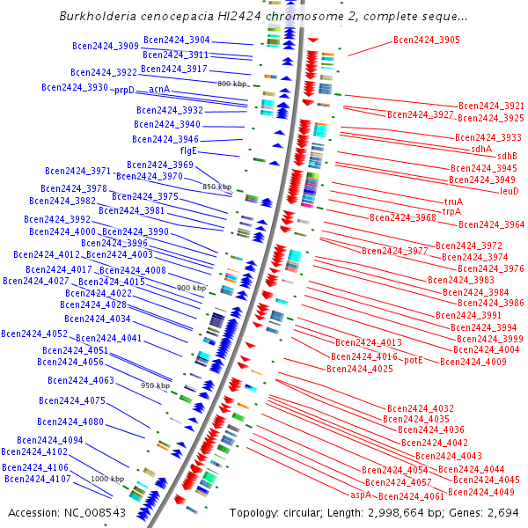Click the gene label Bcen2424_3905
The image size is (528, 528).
pos(426,40)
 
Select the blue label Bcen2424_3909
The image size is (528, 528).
pos(105,46)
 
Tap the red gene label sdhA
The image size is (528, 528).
pos(481,148)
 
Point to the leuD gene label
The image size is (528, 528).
pos(509,190)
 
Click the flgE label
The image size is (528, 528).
pos(188,150)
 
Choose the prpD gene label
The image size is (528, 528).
pos(124,90)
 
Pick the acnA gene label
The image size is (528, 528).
pos(159,90)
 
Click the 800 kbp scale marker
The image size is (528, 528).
pos(231,83)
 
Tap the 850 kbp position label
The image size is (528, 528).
pos(216,187)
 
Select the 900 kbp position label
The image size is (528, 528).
pos(191,288)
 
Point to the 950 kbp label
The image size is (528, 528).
pos(155,385)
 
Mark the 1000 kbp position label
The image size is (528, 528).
pos(107,478)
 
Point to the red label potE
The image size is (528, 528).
pos(414,360)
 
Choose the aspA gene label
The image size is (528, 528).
pos(360,495)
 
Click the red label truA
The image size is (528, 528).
pos(453,201)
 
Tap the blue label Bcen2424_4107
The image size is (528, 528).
pos(37,479)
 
